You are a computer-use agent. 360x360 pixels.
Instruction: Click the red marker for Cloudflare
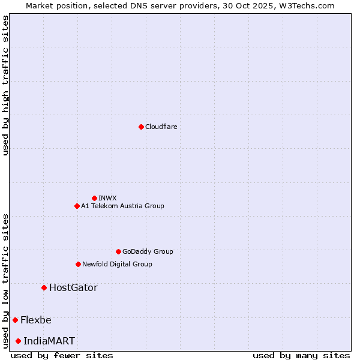pos(141,127)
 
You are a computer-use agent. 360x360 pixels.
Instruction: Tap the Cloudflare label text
pos(161,127)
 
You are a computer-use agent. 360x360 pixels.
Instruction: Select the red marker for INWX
pos(94,198)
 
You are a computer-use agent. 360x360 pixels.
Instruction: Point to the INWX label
pos(107,198)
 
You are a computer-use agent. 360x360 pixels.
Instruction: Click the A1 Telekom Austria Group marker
pos(77,206)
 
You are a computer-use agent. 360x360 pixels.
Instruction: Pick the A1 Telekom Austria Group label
pos(122,206)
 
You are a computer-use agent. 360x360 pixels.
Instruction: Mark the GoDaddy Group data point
pos(118,251)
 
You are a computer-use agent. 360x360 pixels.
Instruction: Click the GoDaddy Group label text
pos(147,251)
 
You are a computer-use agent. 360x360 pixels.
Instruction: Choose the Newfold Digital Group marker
pos(78,264)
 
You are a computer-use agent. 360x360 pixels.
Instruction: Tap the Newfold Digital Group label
pos(117,264)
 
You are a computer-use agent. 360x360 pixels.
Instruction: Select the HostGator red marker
pos(44,287)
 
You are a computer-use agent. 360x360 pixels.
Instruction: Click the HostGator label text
pos(73,287)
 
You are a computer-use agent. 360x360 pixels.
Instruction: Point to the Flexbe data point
pos(15,320)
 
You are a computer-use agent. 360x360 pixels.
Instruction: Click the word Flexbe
pos(36,320)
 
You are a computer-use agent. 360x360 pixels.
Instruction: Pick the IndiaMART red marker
pos(18,341)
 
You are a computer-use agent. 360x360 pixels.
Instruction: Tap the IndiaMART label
pos(49,341)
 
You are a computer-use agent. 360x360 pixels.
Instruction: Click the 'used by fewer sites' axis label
pos(62,355)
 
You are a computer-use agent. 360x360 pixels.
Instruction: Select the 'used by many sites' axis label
pos(301,355)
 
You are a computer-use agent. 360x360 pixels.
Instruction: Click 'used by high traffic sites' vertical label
pos(5,85)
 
